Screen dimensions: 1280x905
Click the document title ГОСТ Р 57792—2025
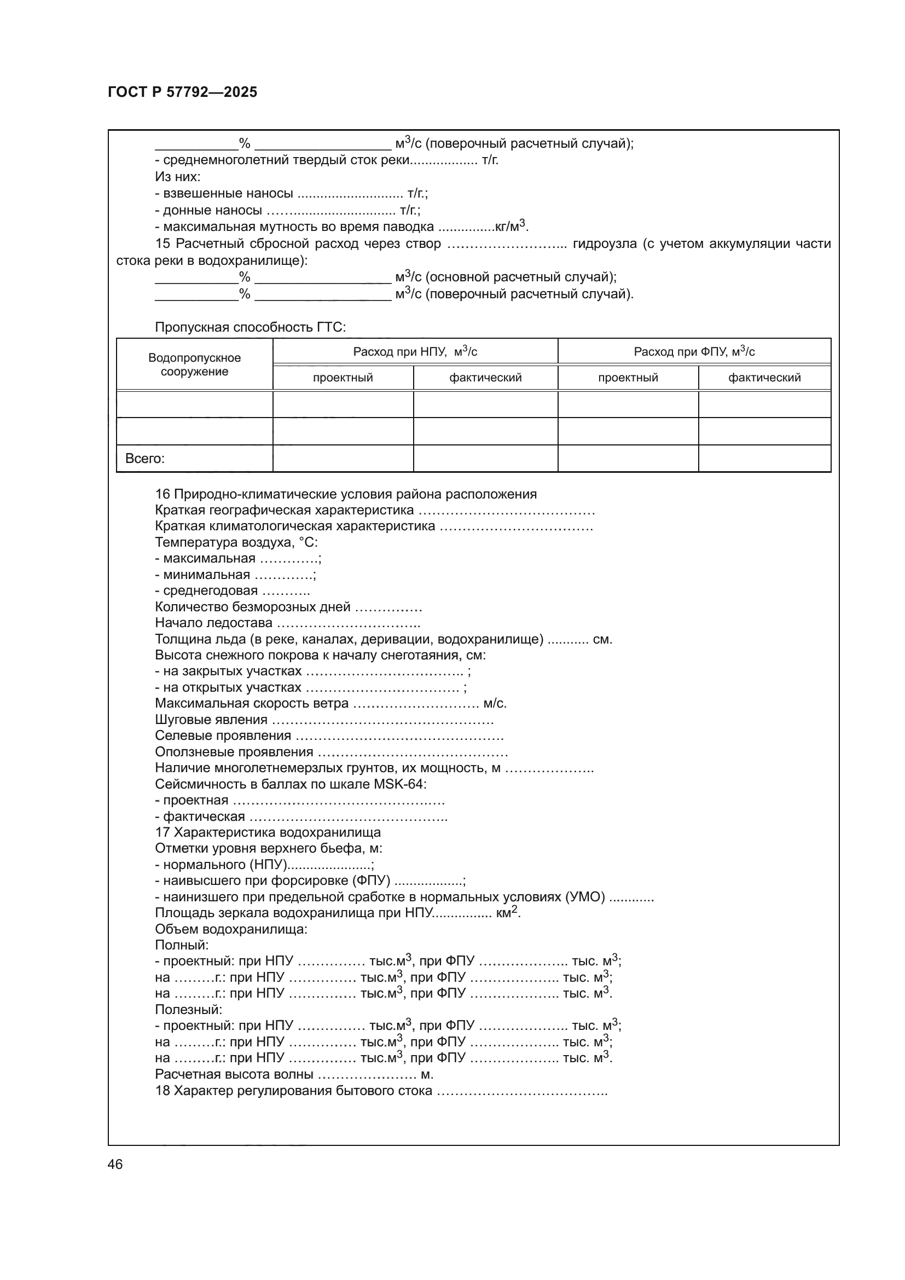182,92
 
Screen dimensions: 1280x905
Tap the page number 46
115,1164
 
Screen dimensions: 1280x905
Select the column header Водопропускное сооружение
194,364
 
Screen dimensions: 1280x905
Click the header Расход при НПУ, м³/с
415,352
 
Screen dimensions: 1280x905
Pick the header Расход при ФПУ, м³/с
694,352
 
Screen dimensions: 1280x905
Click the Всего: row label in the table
145,458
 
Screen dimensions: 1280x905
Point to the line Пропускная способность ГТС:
250,327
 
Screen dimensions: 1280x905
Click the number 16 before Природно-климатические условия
162,494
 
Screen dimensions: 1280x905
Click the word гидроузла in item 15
604,244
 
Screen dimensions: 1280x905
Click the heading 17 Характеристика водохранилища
268,832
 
